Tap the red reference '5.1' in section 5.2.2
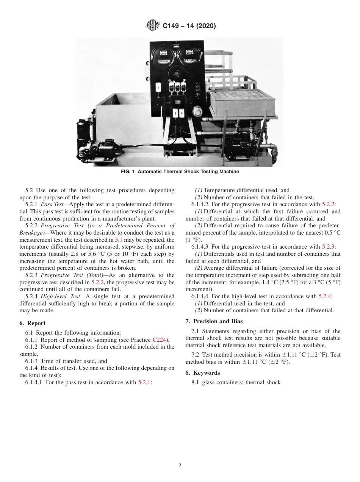tap(119, 240)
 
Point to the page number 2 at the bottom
tap(180, 466)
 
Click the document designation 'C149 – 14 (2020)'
tap(189, 26)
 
